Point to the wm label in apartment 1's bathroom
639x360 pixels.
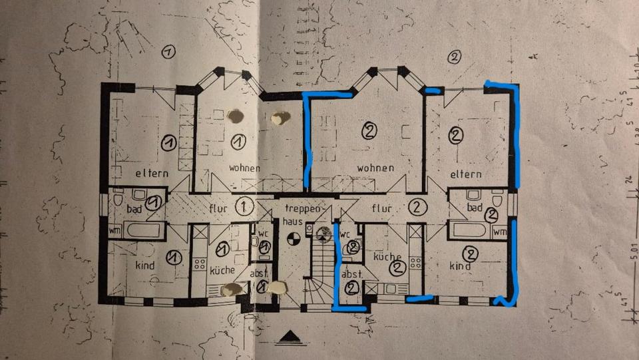point(114,230)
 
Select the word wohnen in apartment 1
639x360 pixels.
point(244,167)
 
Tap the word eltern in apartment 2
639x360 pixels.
point(465,174)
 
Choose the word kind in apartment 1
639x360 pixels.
point(145,265)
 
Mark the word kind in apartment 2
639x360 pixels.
point(460,266)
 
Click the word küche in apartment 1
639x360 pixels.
point(222,270)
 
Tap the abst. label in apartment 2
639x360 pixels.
point(351,274)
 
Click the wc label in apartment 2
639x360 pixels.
point(344,234)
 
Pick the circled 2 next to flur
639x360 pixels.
point(417,206)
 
